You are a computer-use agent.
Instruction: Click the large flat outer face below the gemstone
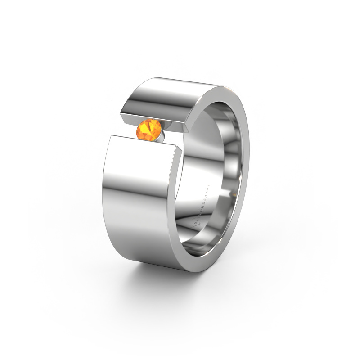click(x=139, y=202)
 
